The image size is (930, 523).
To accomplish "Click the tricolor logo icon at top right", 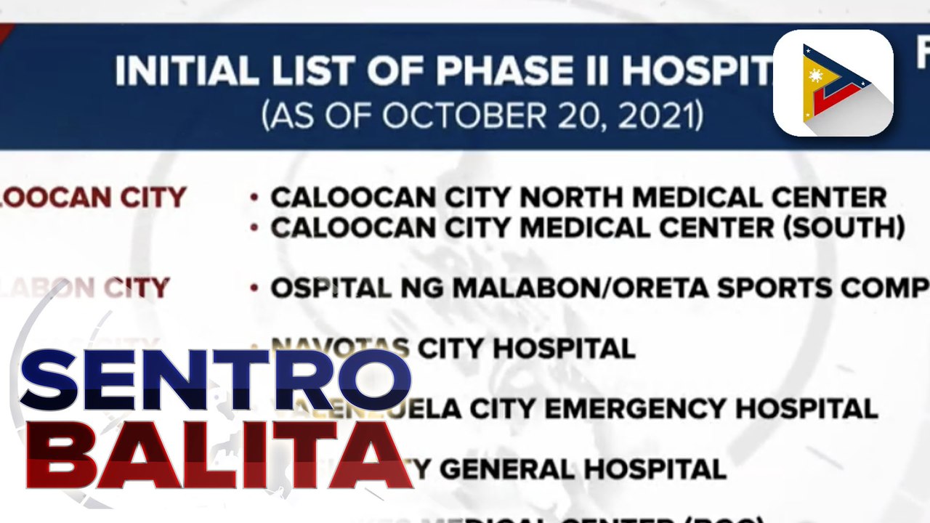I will coord(833,83).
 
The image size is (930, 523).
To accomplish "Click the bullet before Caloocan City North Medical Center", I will coord(254,198).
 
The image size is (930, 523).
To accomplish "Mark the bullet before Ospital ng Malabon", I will coord(254,288).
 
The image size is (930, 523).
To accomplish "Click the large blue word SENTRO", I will coord(215,380).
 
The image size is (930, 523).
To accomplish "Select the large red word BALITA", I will coord(218,453).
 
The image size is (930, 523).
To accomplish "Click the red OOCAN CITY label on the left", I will coord(93,198).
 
